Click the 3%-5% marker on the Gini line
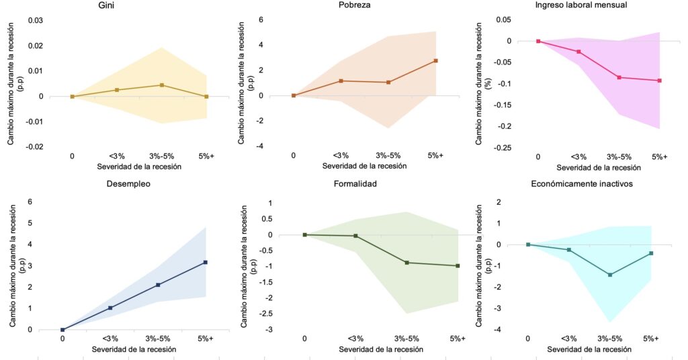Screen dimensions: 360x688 [162, 85]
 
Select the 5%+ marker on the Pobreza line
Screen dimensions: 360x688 [435, 60]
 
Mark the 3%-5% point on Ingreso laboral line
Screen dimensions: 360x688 [619, 77]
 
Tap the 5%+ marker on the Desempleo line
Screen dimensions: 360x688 [206, 262]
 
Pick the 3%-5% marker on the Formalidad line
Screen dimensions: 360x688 [406, 263]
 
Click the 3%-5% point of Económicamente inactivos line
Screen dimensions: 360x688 [610, 275]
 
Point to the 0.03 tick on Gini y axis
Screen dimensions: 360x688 [35, 21]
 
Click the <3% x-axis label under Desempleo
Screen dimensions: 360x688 [110, 339]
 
